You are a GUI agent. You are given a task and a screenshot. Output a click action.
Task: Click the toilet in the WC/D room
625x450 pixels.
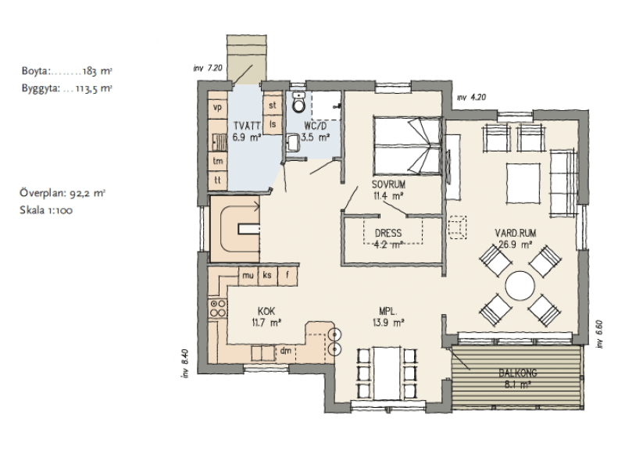tap(298, 102)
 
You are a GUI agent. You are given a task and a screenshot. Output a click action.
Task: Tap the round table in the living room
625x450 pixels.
tap(520, 286)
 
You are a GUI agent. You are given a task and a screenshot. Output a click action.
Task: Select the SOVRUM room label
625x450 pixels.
tap(388, 184)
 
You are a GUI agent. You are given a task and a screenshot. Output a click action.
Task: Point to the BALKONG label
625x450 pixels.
tap(518, 373)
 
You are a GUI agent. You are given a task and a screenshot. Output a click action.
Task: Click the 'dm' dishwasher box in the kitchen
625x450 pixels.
tap(286, 351)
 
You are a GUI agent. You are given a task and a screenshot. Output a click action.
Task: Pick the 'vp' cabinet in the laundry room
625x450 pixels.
tap(218, 107)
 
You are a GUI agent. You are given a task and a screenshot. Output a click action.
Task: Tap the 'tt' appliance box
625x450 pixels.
tap(218, 180)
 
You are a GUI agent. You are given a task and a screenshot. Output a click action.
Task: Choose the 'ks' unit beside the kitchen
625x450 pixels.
tap(267, 276)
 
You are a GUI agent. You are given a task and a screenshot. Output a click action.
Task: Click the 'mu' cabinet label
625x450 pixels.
tap(248, 276)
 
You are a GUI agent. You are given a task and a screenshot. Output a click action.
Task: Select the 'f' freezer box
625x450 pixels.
tap(287, 276)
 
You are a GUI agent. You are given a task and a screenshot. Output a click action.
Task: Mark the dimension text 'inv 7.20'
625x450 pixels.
tap(207, 68)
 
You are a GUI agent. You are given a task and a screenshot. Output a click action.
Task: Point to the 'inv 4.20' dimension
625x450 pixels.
tap(472, 97)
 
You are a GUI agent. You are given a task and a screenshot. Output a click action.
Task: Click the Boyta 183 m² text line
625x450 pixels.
tap(66, 71)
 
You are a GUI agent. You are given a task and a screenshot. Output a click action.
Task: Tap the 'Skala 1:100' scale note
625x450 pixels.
tap(46, 210)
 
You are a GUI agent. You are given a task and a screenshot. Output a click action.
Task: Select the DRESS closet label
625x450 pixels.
tap(388, 233)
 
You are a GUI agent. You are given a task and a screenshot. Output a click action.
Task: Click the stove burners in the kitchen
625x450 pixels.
tap(218, 309)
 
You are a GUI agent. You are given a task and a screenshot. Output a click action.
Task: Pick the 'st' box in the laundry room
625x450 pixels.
tap(273, 105)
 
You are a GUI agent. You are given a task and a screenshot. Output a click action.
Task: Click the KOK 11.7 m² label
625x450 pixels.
tap(266, 317)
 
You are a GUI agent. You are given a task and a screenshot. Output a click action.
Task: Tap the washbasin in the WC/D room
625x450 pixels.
tap(292, 143)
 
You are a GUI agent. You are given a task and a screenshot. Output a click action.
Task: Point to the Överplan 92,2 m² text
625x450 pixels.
tap(62, 193)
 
